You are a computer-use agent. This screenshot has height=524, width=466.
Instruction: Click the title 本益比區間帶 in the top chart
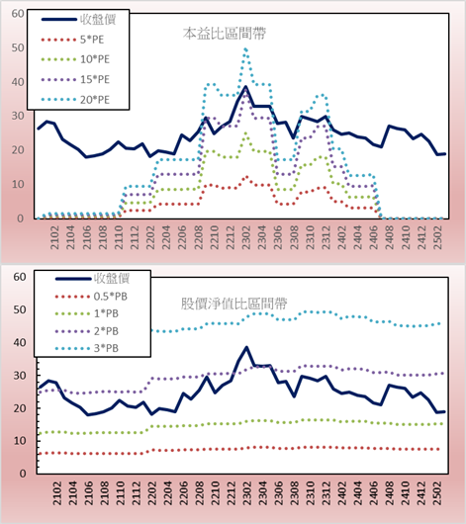pyautogui.click(x=225, y=34)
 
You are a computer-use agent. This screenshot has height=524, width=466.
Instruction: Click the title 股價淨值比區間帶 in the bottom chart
pyautogui.click(x=233, y=304)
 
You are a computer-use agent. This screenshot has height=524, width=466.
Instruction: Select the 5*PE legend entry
pyautogui.click(x=72, y=40)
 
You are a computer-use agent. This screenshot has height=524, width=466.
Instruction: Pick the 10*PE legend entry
pyautogui.click(x=75, y=59)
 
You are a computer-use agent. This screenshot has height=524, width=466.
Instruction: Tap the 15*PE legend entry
pyautogui.click(x=75, y=79)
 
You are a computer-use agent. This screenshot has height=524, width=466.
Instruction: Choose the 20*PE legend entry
pyautogui.click(x=75, y=99)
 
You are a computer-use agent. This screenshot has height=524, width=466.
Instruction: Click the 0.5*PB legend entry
pyautogui.click(x=91, y=296)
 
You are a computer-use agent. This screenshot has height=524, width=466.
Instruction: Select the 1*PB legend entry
pyautogui.click(x=87, y=313)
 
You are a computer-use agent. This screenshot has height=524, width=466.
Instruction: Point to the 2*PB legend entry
pyautogui.click(x=87, y=331)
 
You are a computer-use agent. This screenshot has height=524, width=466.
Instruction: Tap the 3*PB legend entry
pyautogui.click(x=87, y=348)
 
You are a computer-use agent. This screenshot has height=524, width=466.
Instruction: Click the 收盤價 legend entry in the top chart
pyautogui.click(x=78, y=20)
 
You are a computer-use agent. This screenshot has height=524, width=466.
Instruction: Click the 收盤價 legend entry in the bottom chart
pyautogui.click(x=92, y=278)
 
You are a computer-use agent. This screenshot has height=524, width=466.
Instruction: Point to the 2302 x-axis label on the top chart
pyautogui.click(x=246, y=237)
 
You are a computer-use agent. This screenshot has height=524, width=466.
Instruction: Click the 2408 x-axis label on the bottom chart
pyautogui.click(x=390, y=493)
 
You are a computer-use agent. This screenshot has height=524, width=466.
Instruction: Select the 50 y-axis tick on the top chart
pyautogui.click(x=18, y=47)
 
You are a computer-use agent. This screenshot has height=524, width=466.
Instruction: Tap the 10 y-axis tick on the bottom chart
pyautogui.click(x=20, y=441)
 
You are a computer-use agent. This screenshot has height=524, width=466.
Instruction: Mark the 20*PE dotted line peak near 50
pyautogui.click(x=245, y=49)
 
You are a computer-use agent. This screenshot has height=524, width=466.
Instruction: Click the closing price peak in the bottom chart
pyautogui.click(x=246, y=348)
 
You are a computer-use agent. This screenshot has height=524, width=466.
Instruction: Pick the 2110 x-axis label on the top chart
pyautogui.click(x=119, y=237)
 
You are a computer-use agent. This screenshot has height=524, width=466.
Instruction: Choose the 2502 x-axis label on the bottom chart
pyautogui.click(x=437, y=493)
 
